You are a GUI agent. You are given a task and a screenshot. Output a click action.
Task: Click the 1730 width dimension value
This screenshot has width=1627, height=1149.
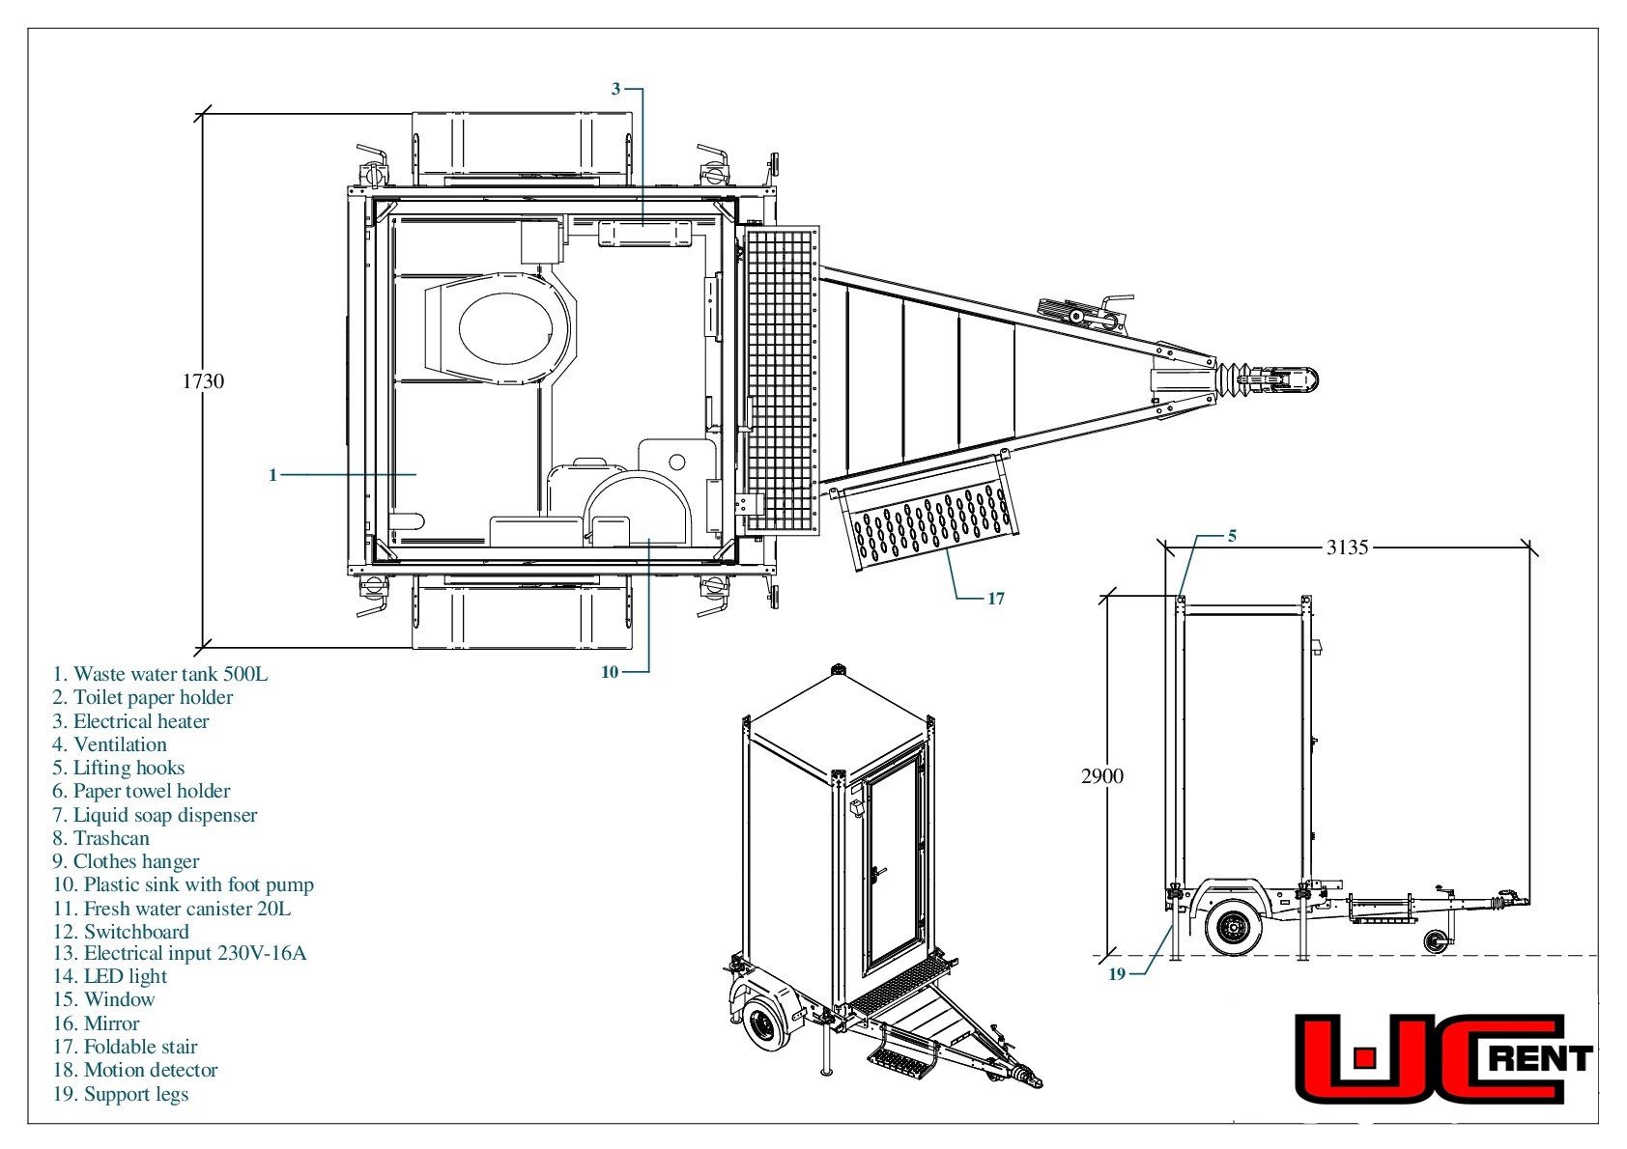(x=203, y=381)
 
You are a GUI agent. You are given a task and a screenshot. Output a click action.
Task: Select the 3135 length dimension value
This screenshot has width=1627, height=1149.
(x=1348, y=547)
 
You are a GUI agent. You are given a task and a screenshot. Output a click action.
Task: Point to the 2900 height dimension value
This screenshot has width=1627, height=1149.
(x=1101, y=776)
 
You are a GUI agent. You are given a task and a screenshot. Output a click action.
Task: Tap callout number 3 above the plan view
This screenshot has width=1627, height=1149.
(x=616, y=89)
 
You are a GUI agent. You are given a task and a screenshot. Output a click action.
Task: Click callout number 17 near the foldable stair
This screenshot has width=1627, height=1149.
(x=996, y=599)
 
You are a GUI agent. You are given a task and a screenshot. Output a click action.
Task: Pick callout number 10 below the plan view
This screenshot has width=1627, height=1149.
(x=610, y=672)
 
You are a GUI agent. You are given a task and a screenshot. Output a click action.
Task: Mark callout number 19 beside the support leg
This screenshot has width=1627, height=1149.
(x=1116, y=974)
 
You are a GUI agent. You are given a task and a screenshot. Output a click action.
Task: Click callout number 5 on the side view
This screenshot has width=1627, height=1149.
(x=1232, y=537)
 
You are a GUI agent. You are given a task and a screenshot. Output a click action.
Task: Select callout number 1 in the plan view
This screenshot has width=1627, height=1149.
(x=273, y=475)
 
